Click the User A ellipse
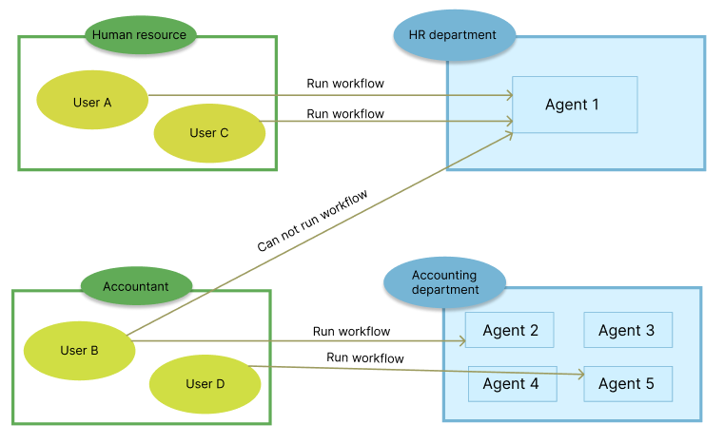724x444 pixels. tap(92, 102)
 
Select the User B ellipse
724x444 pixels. tap(79, 350)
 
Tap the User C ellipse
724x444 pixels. tap(208, 133)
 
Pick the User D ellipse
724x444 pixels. tap(205, 384)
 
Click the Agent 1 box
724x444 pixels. tap(574, 105)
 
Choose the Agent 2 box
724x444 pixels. tap(510, 330)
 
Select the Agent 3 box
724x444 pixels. tap(627, 330)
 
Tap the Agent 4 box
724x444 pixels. tap(511, 384)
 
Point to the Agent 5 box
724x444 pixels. tap(627, 384)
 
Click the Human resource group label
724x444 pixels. tap(140, 35)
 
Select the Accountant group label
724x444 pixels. tap(137, 286)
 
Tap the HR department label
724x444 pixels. tap(454, 35)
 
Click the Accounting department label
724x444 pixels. tap(445, 282)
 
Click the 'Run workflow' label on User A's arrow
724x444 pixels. tap(344, 84)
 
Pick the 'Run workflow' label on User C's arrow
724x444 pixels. tap(344, 114)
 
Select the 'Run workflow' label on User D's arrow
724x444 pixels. tap(364, 358)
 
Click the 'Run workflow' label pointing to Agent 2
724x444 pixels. tap(351, 332)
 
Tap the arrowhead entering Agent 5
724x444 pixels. tap(578, 376)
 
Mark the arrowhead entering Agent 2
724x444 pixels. tap(460, 340)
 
